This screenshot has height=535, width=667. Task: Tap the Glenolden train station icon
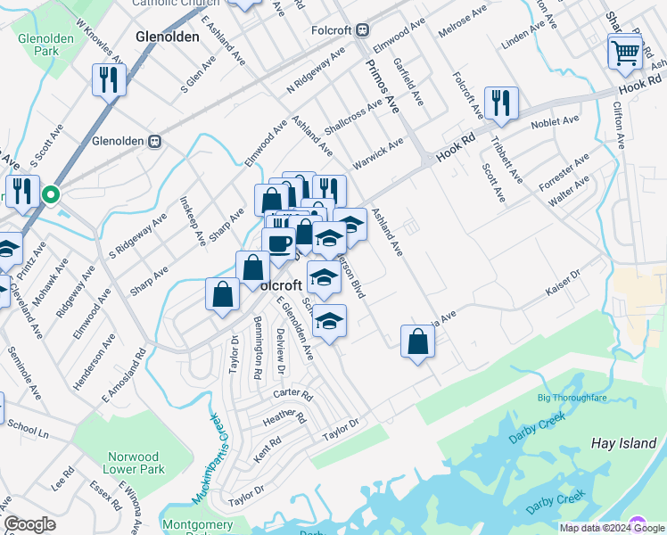coord(154,140)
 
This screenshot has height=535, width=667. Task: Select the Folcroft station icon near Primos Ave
coord(362,29)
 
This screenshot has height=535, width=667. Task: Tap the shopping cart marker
coord(625,52)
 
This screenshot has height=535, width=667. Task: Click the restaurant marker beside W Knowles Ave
coord(108,81)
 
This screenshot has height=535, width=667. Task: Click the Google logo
coord(29,524)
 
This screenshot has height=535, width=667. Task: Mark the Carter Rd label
coord(292,394)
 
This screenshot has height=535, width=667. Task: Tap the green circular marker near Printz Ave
coord(52,193)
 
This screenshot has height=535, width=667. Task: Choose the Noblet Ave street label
coord(555,121)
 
